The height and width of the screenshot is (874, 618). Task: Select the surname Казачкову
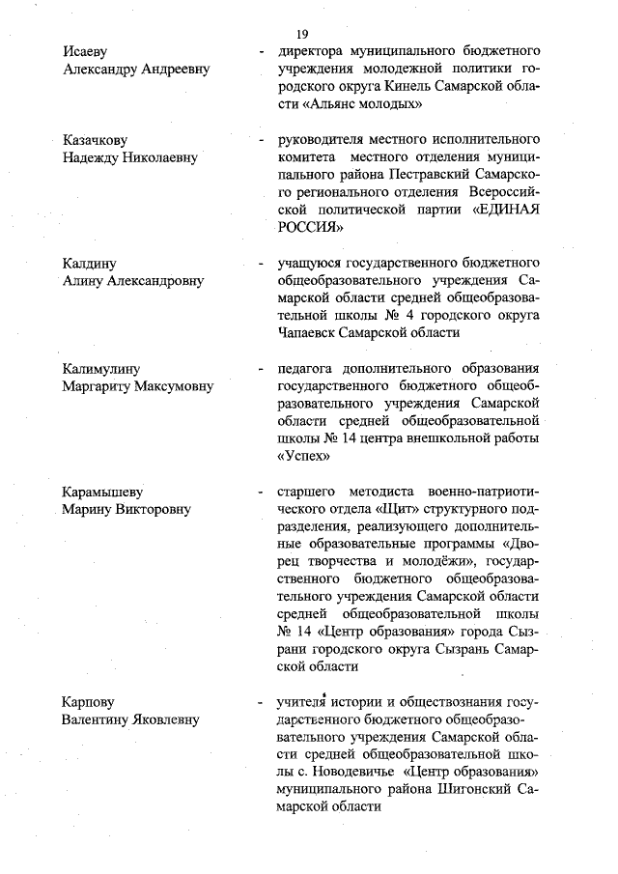95,140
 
